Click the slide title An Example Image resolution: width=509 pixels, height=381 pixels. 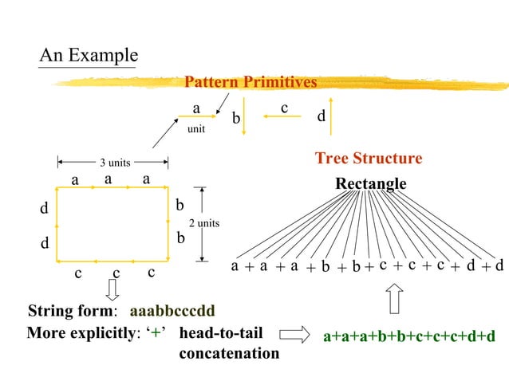pos(89,56)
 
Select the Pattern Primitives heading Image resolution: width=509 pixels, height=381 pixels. pos(250,82)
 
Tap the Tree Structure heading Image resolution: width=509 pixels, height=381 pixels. pos(369,159)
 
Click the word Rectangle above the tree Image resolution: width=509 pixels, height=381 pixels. pos(370,184)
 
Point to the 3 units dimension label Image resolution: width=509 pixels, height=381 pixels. pos(115,163)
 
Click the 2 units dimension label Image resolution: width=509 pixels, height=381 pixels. pos(203,223)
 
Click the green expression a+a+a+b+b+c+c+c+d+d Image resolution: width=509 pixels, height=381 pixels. pos(408,337)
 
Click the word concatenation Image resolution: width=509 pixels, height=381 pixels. pos(228,352)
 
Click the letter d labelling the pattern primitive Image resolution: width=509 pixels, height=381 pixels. pos(321,116)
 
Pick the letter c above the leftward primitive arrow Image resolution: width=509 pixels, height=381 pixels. pos(284,106)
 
